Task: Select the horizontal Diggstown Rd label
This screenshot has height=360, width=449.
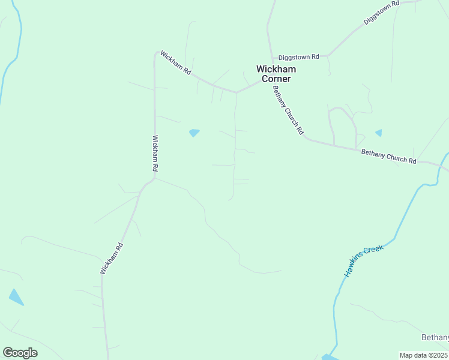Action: pos(299,57)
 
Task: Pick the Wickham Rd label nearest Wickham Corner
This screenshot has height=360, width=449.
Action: pos(176,64)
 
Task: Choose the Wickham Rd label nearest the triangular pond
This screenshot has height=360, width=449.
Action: pos(112,259)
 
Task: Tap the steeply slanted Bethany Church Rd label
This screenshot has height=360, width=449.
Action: pos(288,110)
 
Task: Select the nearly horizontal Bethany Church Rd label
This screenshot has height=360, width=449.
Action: pos(388,157)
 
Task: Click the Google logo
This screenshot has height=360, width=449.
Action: pos(20,352)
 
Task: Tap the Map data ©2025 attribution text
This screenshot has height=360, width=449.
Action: pos(423,355)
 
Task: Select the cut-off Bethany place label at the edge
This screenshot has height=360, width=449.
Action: pos(435,338)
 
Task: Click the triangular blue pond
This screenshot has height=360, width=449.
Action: pos(16,297)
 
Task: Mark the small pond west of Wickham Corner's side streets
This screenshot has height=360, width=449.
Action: pos(194,133)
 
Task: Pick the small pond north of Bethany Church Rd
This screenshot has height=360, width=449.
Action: pos(378,133)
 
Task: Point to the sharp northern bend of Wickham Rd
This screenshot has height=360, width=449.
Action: pos(158,53)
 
